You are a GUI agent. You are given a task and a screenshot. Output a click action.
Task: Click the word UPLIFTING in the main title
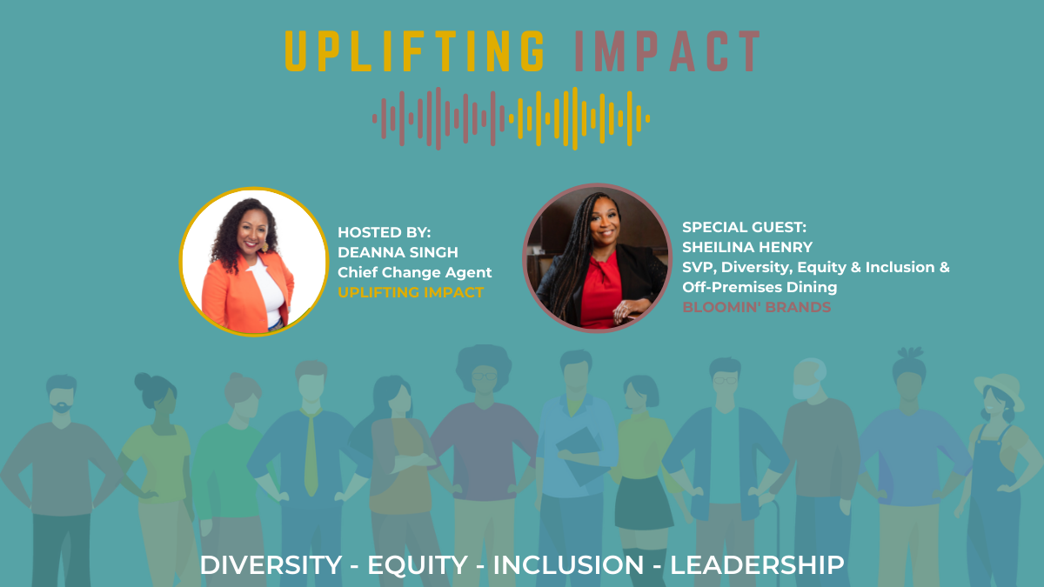(x=415, y=51)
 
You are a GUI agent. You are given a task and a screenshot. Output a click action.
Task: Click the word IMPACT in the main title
(x=667, y=51)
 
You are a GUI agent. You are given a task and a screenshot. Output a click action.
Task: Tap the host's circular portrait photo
(x=254, y=262)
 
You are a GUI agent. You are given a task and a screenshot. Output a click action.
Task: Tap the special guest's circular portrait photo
(x=597, y=258)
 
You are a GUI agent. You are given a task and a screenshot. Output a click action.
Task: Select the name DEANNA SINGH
(x=398, y=252)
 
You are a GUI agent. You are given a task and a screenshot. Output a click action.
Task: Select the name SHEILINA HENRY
(x=747, y=247)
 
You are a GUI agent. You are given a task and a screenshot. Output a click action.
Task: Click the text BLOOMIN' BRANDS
(x=756, y=307)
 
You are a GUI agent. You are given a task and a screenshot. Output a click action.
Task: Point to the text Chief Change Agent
(x=414, y=272)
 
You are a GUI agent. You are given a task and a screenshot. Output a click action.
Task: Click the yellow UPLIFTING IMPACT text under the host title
(x=411, y=292)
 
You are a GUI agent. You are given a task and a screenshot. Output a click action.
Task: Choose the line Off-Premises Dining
(x=760, y=287)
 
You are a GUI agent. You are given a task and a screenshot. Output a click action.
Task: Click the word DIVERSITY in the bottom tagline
(x=271, y=565)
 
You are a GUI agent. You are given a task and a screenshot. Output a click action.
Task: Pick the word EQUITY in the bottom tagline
(x=417, y=565)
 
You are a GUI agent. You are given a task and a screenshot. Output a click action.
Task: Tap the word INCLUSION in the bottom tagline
(x=568, y=565)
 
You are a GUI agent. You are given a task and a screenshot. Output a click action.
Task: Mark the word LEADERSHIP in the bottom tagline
(x=757, y=565)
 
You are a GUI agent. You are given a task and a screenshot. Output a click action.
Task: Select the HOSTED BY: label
(x=384, y=232)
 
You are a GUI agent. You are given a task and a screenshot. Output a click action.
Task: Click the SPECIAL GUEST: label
(x=744, y=227)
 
